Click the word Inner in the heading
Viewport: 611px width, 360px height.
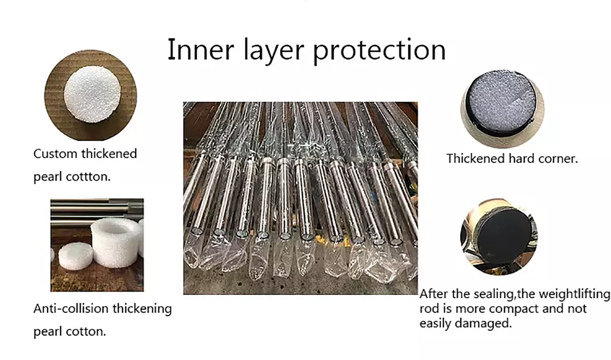(x=200, y=50)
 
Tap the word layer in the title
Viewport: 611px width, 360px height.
(x=273, y=51)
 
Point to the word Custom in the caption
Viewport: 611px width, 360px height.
(x=55, y=154)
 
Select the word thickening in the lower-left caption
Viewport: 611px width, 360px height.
(x=142, y=309)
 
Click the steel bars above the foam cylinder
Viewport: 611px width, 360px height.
(x=97, y=210)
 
